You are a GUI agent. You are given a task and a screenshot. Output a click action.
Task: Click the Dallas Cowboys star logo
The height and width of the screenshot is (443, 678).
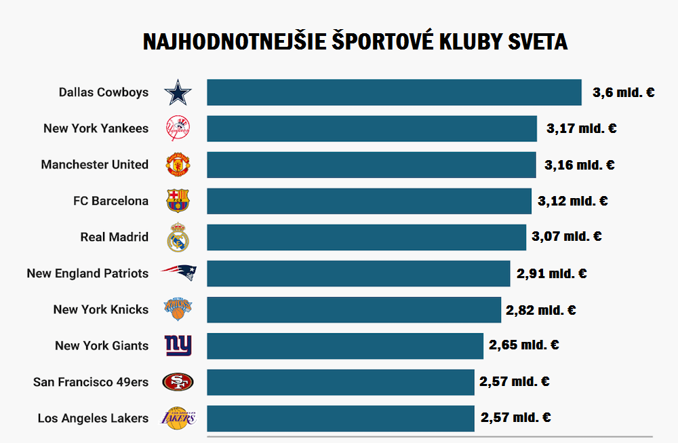pos(178,92)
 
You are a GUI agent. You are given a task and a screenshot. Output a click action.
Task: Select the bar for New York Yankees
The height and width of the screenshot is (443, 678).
pos(372,128)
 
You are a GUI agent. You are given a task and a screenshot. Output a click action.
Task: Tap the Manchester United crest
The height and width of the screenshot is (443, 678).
pos(178,164)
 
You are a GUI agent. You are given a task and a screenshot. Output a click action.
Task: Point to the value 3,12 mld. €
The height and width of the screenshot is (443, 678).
pos(572,201)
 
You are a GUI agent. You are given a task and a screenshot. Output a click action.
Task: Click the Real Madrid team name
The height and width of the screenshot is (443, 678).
pos(114,237)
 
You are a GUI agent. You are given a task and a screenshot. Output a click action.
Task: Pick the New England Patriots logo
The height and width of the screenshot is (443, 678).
pos(178,273)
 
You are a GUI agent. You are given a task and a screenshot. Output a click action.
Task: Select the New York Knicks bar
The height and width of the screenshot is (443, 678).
pos(354,309)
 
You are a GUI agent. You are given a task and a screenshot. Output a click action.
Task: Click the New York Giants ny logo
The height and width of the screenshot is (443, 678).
pos(178,345)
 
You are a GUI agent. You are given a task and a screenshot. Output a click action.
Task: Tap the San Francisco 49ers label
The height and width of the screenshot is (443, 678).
pos(91,382)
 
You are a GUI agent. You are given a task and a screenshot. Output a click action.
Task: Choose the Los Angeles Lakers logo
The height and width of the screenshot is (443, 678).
pos(178,418)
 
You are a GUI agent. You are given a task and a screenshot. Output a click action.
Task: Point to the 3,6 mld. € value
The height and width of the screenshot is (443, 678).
pos(623,92)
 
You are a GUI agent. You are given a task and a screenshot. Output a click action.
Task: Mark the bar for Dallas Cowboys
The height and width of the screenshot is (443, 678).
pos(394,92)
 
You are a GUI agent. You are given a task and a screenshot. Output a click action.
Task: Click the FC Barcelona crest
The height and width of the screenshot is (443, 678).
pos(178,201)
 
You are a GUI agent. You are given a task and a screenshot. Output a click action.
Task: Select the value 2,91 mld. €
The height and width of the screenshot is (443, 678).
pos(551,273)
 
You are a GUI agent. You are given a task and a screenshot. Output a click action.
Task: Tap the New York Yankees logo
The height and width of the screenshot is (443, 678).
pos(178,128)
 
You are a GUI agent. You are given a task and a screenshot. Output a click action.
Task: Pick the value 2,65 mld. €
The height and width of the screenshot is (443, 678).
pos(523,345)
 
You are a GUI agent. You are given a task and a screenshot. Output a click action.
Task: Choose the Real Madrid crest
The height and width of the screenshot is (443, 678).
pos(178,237)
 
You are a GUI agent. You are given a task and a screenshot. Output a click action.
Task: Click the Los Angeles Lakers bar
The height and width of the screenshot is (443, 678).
pos(340,418)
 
